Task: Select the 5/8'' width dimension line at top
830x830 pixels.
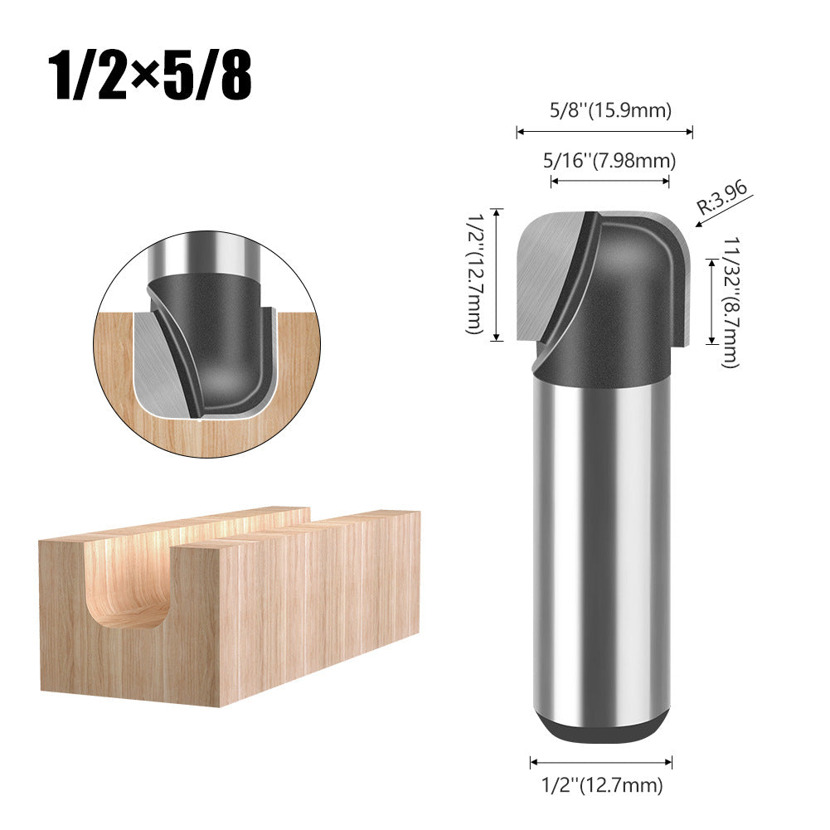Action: tap(604, 130)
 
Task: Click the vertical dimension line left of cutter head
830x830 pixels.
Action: tap(497, 274)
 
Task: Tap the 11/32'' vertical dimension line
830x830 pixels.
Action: tap(711, 300)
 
